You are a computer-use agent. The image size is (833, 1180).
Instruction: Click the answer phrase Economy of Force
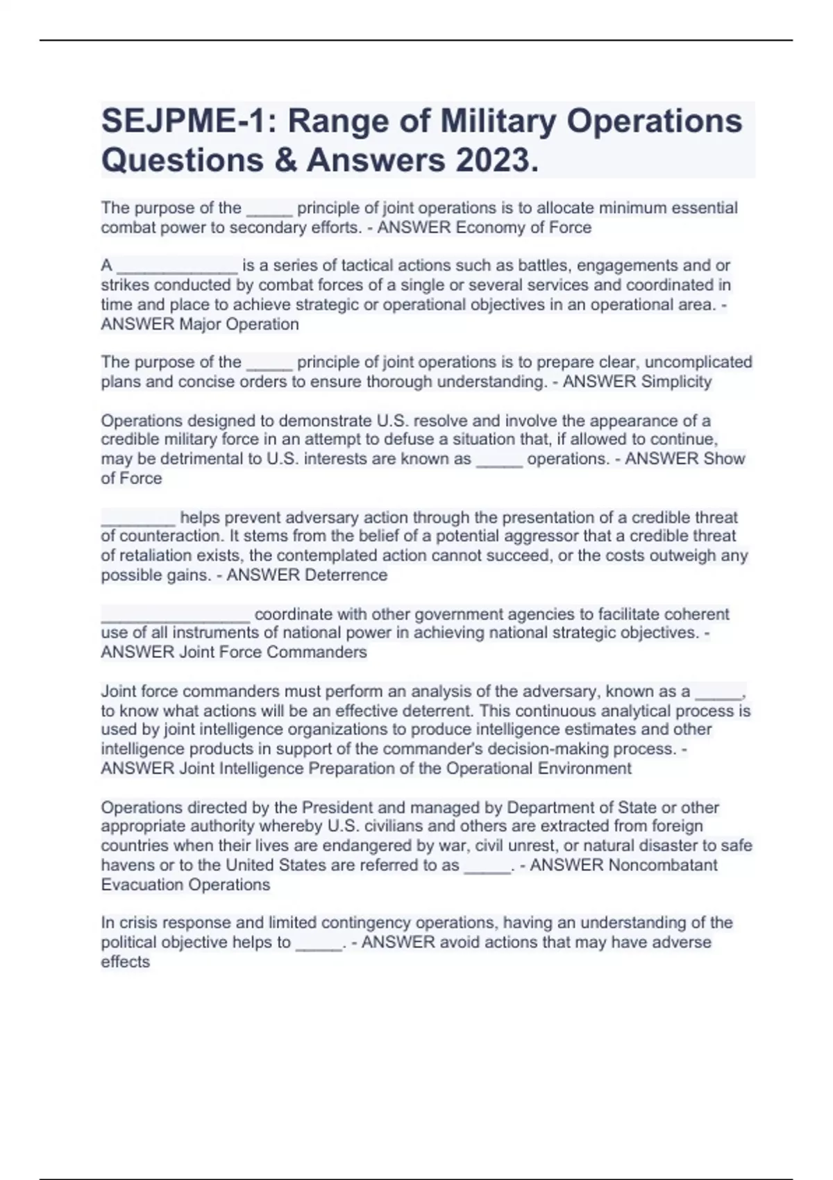(x=523, y=228)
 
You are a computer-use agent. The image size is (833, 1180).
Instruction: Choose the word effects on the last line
(x=125, y=961)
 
